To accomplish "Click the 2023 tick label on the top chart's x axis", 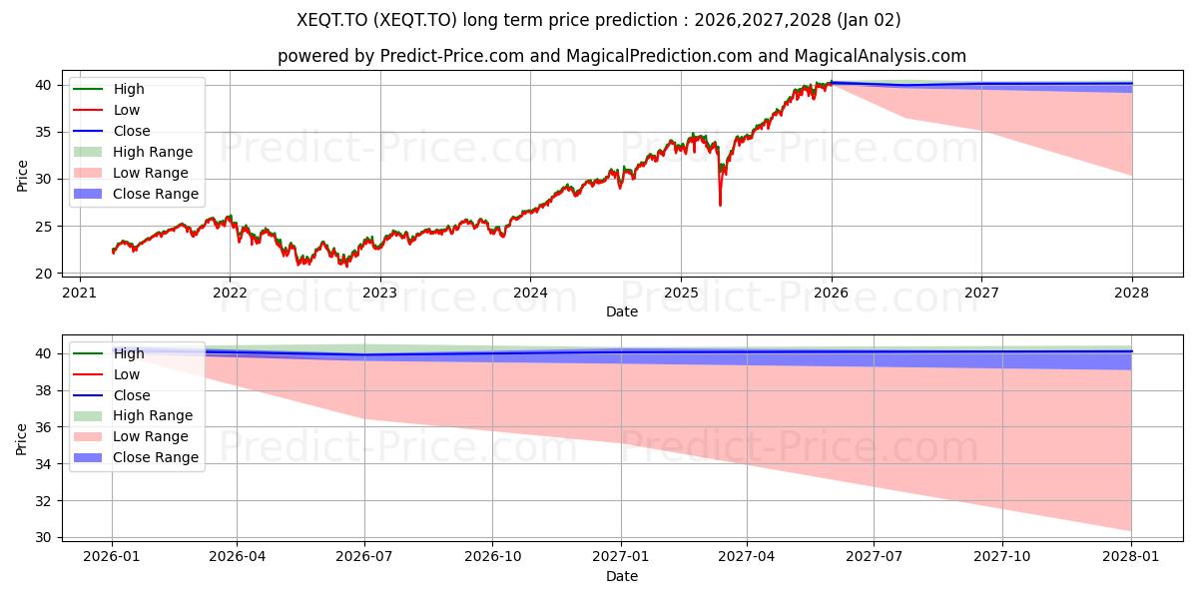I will [x=379, y=293].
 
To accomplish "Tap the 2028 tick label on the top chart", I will [x=1131, y=293].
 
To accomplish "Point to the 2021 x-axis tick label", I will [x=79, y=293].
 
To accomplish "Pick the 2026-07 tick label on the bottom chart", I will [x=364, y=556].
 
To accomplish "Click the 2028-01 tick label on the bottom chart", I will [x=1131, y=556].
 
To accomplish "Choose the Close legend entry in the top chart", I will [x=132, y=131].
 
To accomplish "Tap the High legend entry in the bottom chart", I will [x=129, y=353].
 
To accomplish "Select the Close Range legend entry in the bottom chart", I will [x=156, y=457].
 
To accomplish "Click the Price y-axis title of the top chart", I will [x=22, y=176].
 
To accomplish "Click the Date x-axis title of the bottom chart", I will [x=621, y=576].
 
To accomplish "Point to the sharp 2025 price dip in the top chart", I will [x=720, y=203].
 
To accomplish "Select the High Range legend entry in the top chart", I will [x=153, y=152].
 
